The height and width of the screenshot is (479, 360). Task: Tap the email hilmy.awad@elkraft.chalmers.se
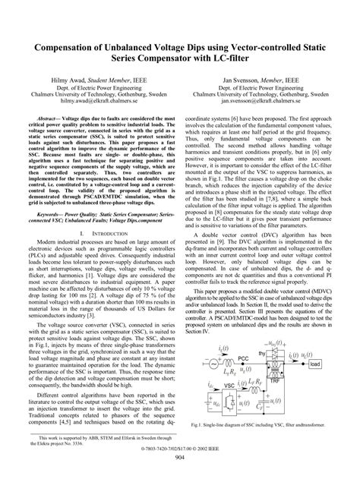coord(90,99)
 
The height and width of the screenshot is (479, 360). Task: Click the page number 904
coord(180,468)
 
